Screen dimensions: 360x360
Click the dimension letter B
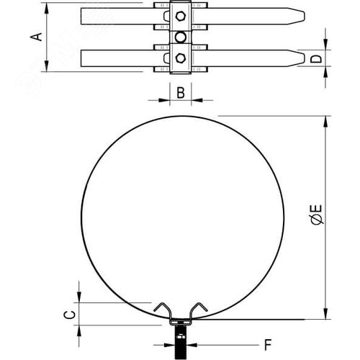181,92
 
